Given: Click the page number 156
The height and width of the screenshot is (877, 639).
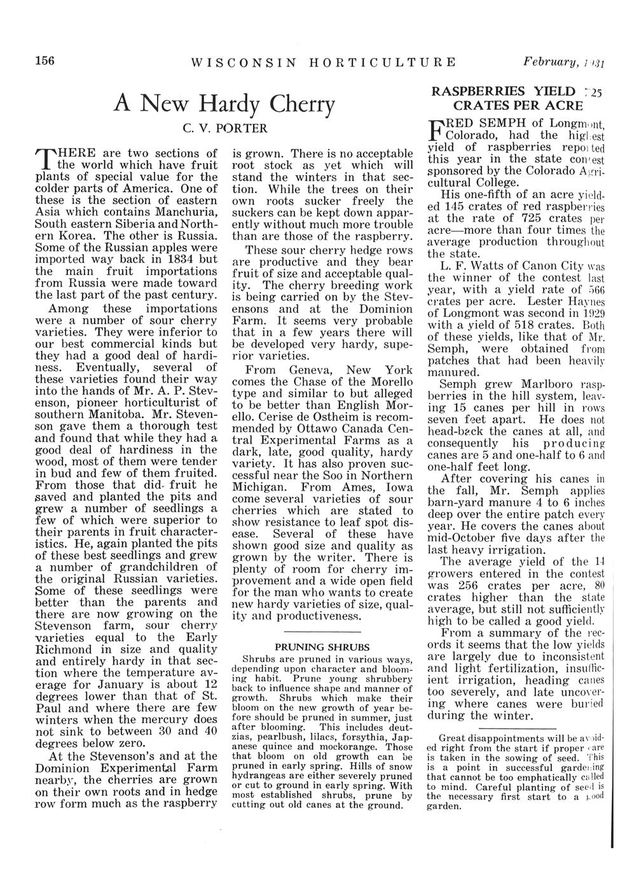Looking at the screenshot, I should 45,61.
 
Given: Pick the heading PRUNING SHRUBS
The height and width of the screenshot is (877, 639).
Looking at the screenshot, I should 322,646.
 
